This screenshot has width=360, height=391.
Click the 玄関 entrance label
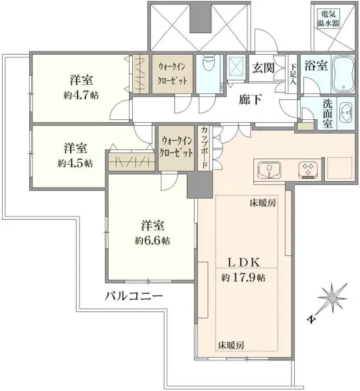click(x=264, y=67)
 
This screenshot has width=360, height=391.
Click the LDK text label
click(x=244, y=262)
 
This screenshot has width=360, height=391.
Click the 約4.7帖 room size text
click(x=81, y=94)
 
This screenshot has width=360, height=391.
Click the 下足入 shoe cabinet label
click(x=294, y=74)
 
